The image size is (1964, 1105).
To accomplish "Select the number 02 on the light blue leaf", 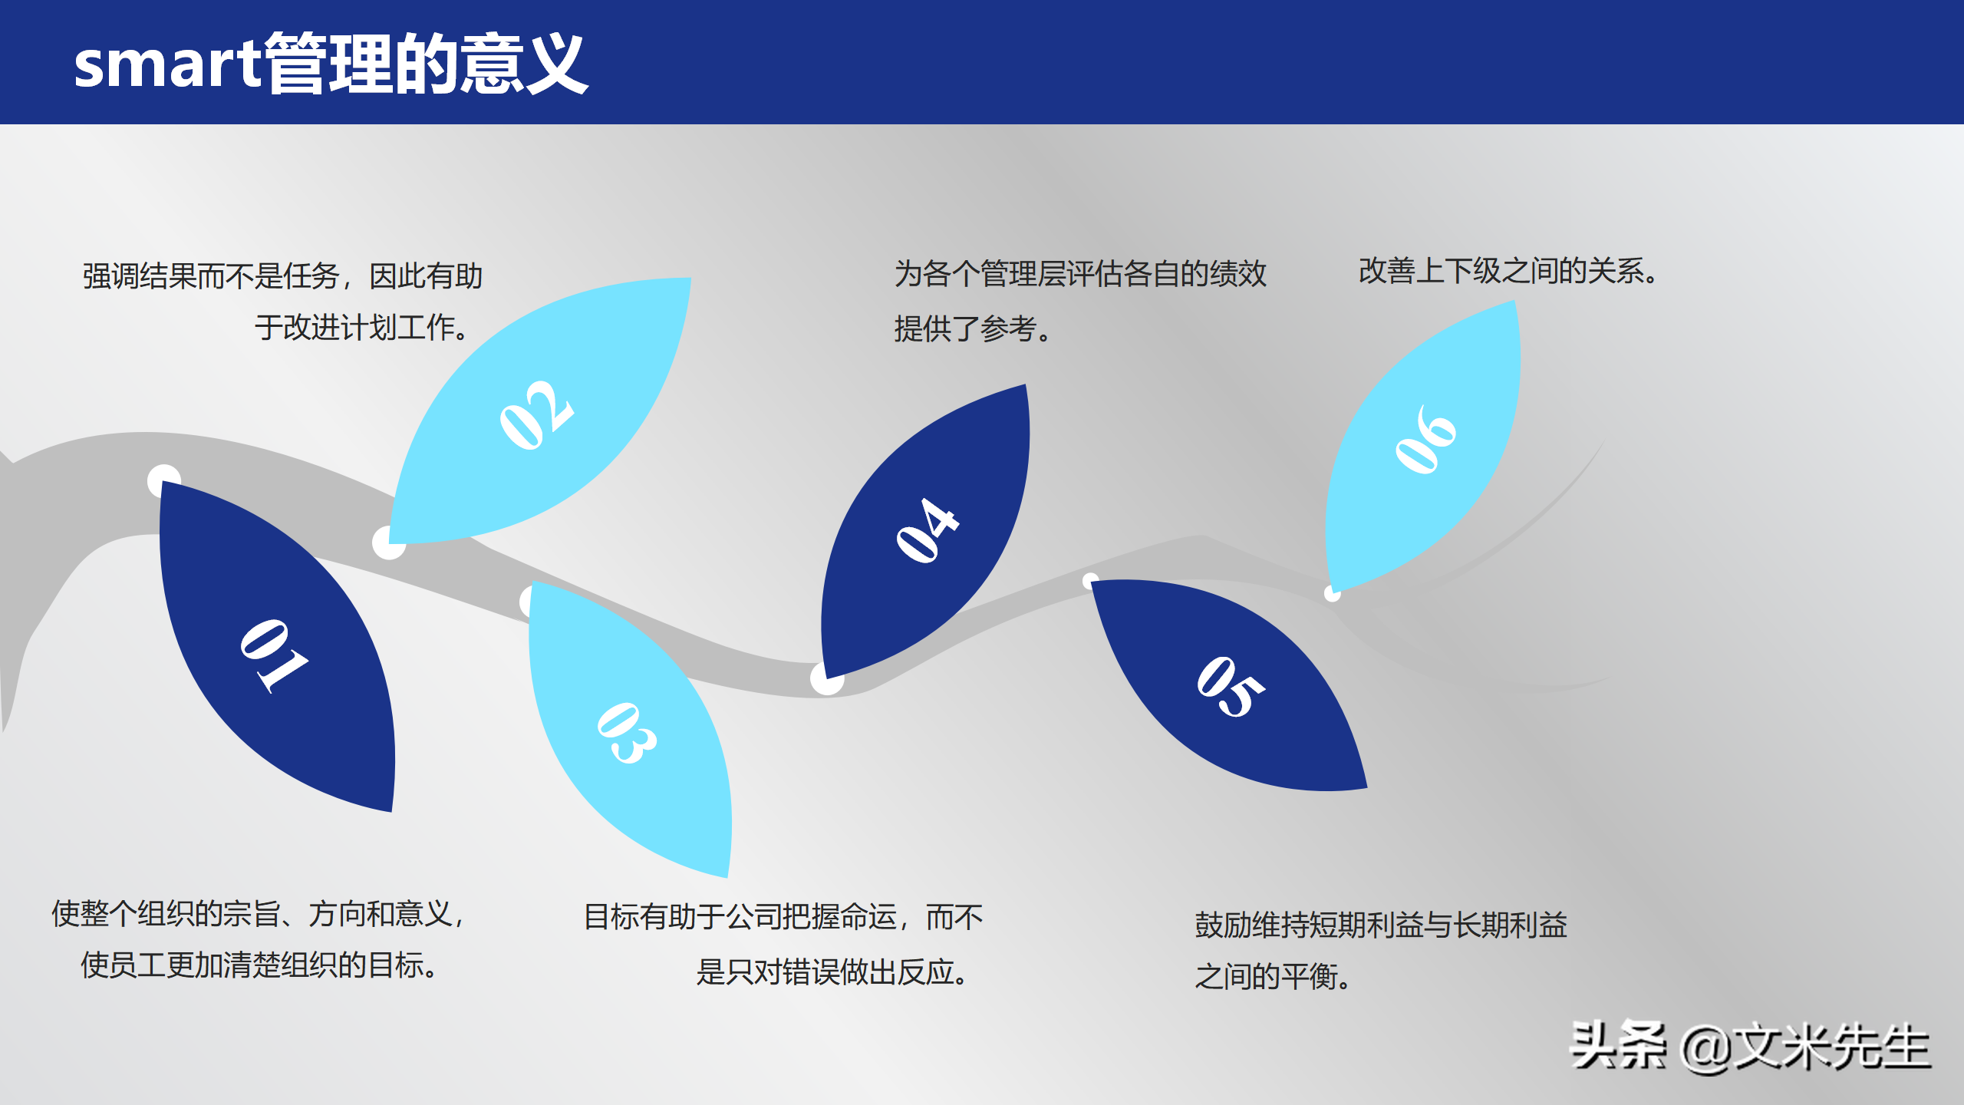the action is (x=536, y=415).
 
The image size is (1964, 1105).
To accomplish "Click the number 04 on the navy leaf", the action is (x=928, y=530).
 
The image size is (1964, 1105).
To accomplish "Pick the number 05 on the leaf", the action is (x=1230, y=687).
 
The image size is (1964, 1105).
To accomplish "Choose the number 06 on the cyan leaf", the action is (x=1425, y=440).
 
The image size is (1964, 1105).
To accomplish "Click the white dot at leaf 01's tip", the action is (x=163, y=480).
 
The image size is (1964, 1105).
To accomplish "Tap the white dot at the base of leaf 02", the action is (x=388, y=543).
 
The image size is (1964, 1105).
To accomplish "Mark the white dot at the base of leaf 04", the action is (x=826, y=678).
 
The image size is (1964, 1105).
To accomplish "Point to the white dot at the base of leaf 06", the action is (x=1333, y=593).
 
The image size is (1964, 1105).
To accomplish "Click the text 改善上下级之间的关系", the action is (x=1508, y=271).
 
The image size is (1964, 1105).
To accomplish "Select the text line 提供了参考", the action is (x=972, y=329).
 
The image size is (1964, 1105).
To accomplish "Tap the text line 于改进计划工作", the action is (x=361, y=328).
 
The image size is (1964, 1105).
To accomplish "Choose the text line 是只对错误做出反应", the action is (x=832, y=972).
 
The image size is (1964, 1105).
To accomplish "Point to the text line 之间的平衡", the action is (x=1272, y=977).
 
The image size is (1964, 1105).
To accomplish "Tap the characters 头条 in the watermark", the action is (x=1618, y=1046).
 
